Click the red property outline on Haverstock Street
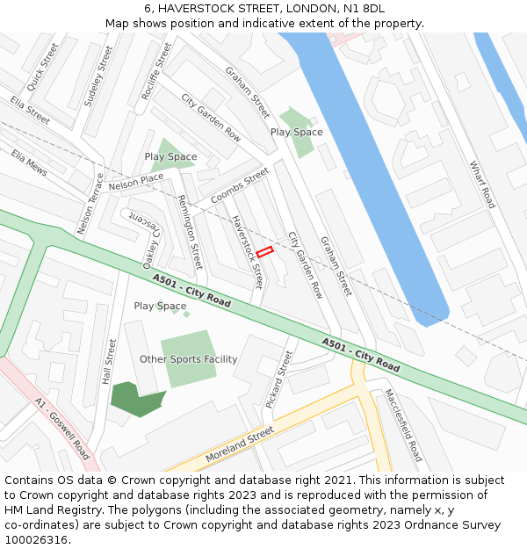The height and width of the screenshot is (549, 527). click(264, 252)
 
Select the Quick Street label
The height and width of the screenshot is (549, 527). click(42, 67)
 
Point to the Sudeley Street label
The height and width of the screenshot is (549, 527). click(99, 76)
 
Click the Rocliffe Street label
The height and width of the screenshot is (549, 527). click(156, 71)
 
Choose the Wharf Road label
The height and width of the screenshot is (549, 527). click(482, 184)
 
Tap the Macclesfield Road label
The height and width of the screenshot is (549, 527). click(403, 426)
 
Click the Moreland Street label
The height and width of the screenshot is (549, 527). click(240, 445)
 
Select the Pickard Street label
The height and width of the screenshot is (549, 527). click(278, 379)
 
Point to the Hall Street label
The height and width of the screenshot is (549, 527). click(108, 362)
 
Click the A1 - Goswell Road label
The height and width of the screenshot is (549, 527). click(62, 429)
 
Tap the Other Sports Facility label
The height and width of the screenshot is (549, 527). click(188, 359)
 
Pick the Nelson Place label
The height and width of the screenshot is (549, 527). click(136, 181)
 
